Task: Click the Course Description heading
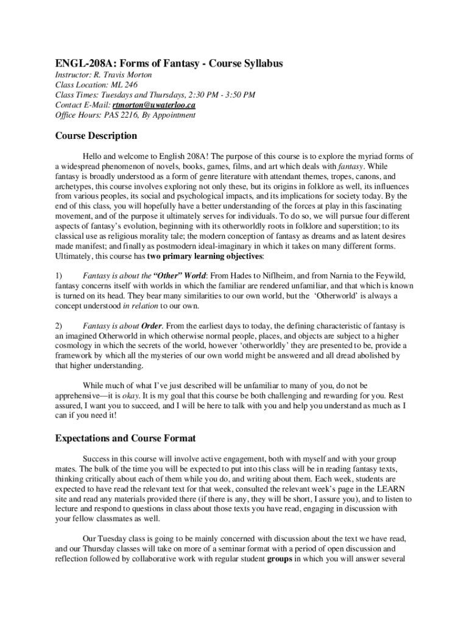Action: [x=96, y=136]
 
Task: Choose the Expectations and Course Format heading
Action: [x=125, y=438]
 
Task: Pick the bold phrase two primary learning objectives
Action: [x=205, y=256]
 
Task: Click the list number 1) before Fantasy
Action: [x=60, y=275]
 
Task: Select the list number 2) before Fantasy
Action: [x=60, y=325]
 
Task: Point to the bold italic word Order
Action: [x=152, y=325]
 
